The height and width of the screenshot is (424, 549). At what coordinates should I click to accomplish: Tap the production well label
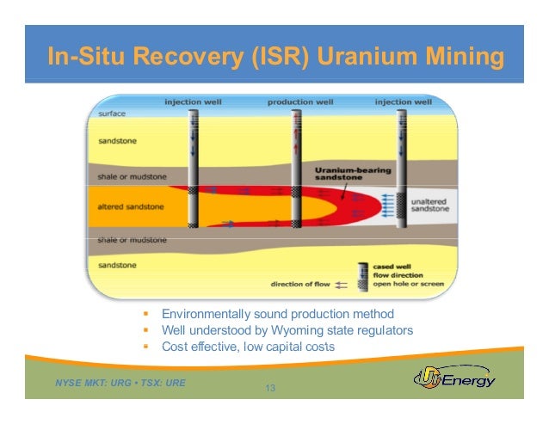pyautogui.click(x=301, y=101)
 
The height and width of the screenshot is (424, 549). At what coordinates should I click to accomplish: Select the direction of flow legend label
pyautogui.click(x=300, y=284)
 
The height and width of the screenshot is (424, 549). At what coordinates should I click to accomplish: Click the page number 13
pyautogui.click(x=269, y=389)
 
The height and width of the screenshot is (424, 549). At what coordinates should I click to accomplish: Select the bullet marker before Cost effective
pyautogui.click(x=147, y=347)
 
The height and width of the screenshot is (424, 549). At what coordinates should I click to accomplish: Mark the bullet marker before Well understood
pyautogui.click(x=147, y=330)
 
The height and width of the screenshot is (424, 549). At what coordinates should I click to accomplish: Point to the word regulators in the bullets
pyautogui.click(x=386, y=330)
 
